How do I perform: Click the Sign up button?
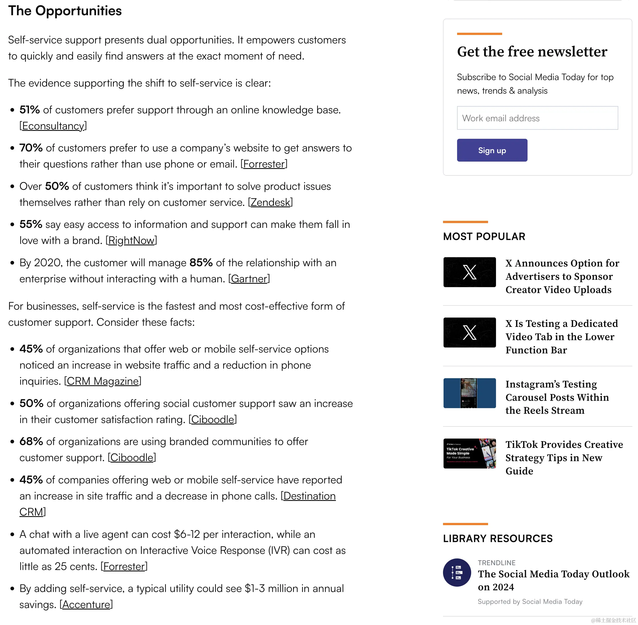tap(492, 150)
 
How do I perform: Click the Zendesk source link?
tap(270, 203)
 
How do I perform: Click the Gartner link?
tap(249, 279)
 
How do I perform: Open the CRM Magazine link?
tap(103, 381)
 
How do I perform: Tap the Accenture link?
tap(86, 605)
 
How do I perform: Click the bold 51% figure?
tap(30, 110)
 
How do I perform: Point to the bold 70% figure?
tap(31, 148)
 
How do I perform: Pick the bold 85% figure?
tap(201, 263)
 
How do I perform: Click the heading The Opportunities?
tap(65, 11)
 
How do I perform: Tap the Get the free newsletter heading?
tap(532, 52)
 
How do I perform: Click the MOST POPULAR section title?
tap(484, 236)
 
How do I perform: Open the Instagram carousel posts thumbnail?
tap(469, 393)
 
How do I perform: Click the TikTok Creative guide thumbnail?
tap(469, 453)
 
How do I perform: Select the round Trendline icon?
tap(457, 573)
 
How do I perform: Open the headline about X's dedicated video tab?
tap(561, 337)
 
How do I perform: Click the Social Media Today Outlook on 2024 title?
tap(553, 580)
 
